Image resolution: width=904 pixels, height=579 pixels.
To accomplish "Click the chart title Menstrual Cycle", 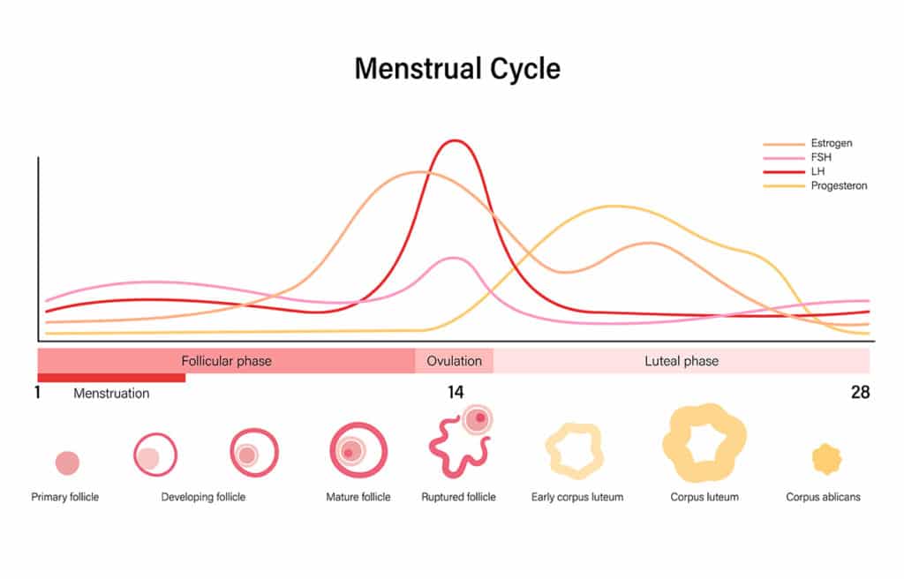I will (457, 69).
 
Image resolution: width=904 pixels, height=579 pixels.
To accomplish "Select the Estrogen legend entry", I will (831, 143).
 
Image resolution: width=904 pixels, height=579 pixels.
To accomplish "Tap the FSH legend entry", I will (820, 157).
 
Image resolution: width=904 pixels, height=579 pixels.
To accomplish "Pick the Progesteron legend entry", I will (838, 185).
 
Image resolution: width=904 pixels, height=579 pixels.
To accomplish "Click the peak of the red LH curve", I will (455, 141).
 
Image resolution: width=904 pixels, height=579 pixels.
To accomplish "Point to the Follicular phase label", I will (226, 361).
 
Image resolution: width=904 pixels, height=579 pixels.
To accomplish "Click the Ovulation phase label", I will (455, 361).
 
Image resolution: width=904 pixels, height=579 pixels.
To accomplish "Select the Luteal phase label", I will (681, 361).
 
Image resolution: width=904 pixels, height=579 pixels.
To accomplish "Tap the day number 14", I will (456, 393).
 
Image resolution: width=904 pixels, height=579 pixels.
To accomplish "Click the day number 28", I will (860, 393).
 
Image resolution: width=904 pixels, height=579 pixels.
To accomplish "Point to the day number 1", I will (38, 393).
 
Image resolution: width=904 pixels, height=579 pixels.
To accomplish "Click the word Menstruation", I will (111, 394).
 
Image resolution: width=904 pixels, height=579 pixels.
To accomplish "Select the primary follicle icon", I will (67, 462).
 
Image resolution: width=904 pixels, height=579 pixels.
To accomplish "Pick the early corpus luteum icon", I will (576, 451).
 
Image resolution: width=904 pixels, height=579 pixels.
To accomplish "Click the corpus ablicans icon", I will (826, 459).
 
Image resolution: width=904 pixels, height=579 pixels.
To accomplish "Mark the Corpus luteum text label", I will (704, 497).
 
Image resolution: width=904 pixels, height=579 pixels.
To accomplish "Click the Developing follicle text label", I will (203, 497).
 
